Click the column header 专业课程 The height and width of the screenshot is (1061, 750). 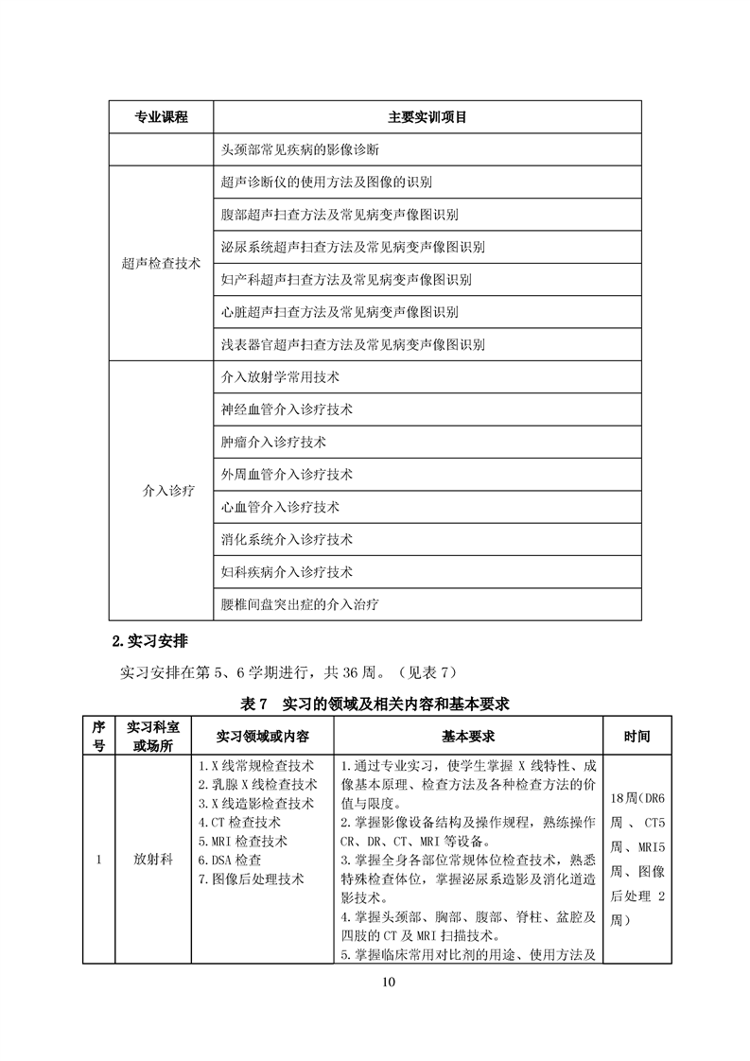[162, 117]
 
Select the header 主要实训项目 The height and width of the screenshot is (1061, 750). [427, 117]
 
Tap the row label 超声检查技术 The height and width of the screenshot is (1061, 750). [162, 264]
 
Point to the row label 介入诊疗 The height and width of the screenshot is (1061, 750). [162, 490]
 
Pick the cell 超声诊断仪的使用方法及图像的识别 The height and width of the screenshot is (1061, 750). [326, 183]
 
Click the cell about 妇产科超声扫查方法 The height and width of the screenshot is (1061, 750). [345, 280]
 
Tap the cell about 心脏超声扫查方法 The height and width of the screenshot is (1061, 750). [339, 312]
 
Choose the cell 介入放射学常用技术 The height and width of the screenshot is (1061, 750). [280, 376]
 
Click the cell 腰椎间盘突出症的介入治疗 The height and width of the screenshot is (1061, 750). [300, 603]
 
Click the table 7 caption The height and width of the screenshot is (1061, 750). [375, 704]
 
